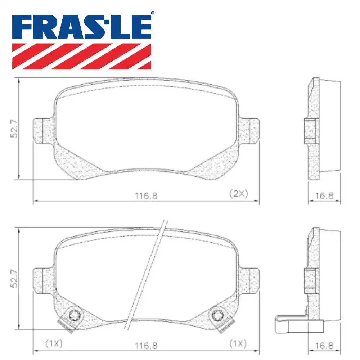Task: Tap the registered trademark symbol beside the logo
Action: [x=153, y=13]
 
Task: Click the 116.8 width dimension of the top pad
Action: [x=146, y=196]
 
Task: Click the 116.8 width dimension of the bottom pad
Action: [x=146, y=346]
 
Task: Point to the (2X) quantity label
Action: [x=239, y=194]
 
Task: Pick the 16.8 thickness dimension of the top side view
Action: [x=324, y=196]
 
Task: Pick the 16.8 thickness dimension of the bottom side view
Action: [x=324, y=346]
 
